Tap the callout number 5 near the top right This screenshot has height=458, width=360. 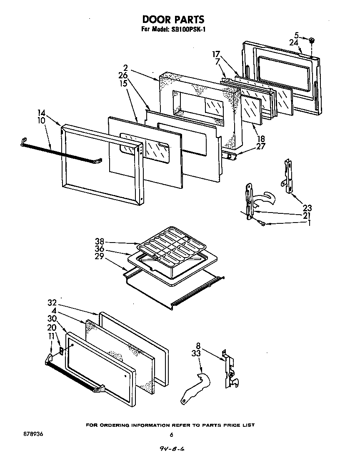(x=296, y=35)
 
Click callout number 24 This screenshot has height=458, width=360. (x=294, y=43)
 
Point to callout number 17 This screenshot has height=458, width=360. (x=215, y=54)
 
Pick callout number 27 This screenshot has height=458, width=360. (x=261, y=146)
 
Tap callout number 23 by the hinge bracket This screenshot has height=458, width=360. (x=307, y=208)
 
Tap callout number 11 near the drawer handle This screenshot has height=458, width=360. (x=51, y=335)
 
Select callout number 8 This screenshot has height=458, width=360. (x=198, y=345)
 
